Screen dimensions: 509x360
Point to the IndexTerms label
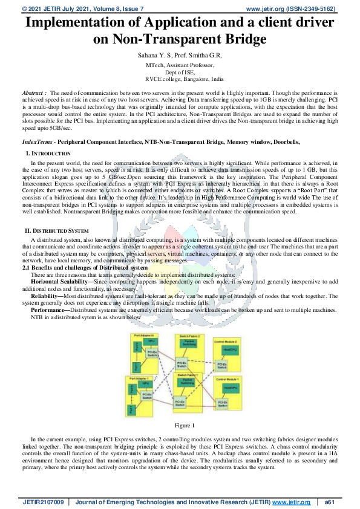[x=37, y=141]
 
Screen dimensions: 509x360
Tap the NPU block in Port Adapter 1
[x=146, y=383]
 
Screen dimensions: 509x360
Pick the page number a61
[x=330, y=502]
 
